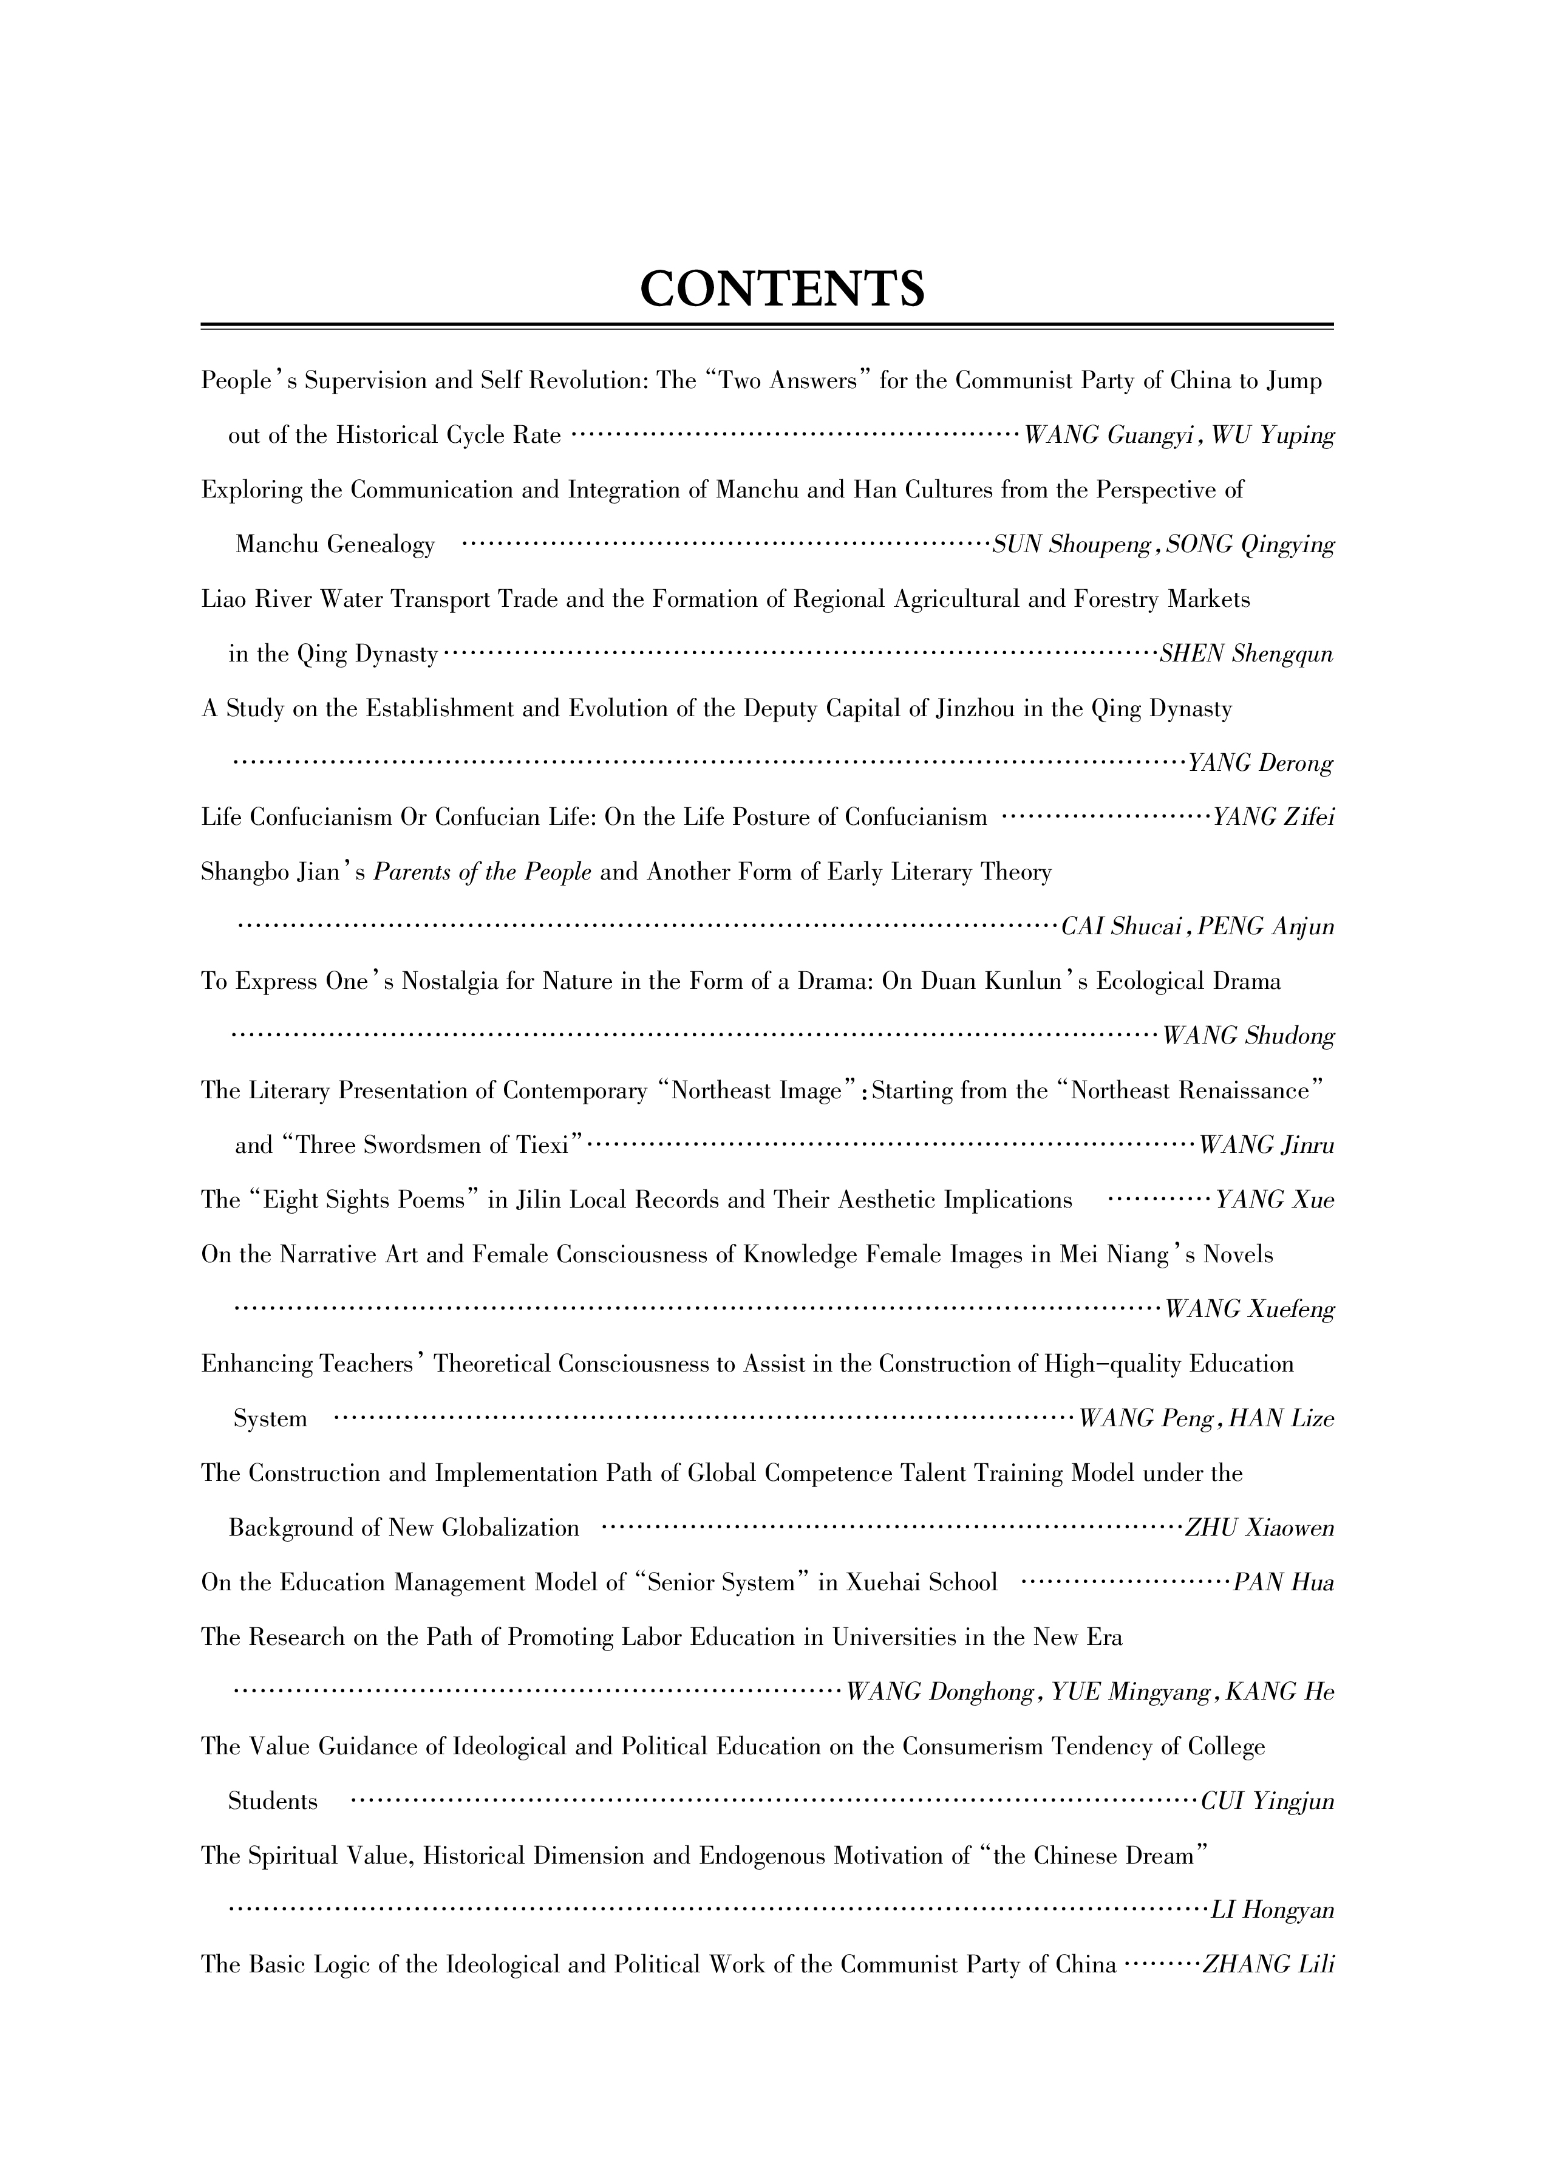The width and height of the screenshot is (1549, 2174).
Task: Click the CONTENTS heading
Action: coord(781,288)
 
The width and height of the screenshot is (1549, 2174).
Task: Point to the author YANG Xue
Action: coord(1275,1200)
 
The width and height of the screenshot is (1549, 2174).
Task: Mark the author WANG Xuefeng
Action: coord(1250,1310)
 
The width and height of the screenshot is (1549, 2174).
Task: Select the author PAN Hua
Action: coord(1284,1584)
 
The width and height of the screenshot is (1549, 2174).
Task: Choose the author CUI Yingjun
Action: coord(1268,1802)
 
